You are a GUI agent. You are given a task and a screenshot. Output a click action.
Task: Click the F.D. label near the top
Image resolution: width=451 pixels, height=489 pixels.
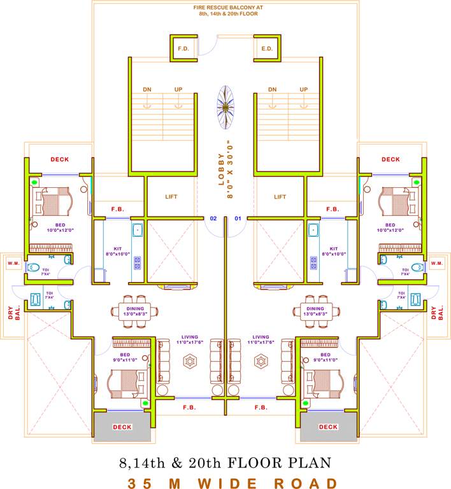click(183, 48)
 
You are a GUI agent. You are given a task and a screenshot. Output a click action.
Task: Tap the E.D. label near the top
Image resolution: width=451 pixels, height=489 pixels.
click(267, 48)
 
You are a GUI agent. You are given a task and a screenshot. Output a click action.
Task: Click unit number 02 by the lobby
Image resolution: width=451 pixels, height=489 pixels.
click(214, 218)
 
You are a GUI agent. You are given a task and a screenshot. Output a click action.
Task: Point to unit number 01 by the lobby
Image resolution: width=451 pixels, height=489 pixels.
click(238, 218)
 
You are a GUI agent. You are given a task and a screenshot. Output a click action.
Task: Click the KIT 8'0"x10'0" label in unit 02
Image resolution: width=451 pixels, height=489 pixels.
click(118, 251)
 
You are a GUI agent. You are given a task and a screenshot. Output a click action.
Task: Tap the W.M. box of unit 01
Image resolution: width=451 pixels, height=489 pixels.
click(436, 263)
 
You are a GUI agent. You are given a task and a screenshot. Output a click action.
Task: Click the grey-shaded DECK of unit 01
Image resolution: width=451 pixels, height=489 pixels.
click(328, 427)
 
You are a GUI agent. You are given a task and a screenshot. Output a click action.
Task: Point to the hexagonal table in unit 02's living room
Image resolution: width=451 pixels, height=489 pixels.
click(190, 361)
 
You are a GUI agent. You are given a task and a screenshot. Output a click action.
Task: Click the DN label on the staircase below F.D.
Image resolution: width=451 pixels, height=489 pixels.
click(147, 90)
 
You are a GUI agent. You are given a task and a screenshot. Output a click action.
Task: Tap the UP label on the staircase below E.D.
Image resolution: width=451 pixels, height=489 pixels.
click(304, 90)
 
